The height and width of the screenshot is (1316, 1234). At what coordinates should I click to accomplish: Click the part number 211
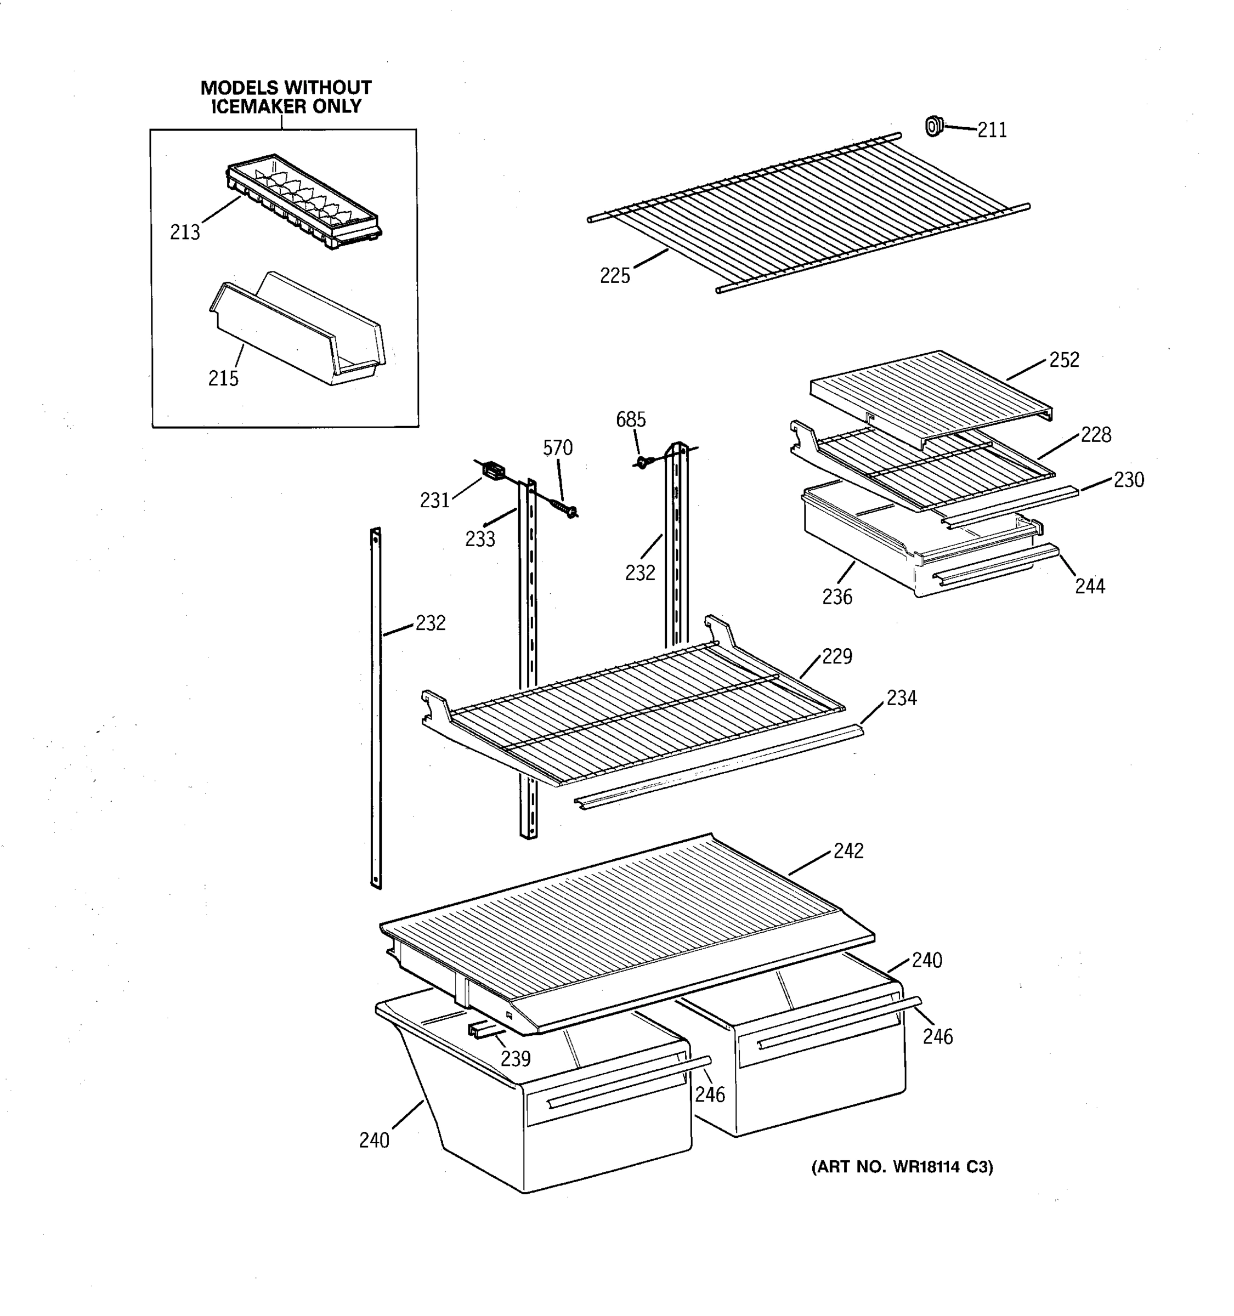click(992, 131)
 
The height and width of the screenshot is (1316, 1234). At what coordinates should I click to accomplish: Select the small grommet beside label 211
click(933, 125)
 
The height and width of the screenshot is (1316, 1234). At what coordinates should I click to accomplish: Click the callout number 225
click(614, 276)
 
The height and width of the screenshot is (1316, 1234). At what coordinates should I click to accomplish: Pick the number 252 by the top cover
click(1064, 360)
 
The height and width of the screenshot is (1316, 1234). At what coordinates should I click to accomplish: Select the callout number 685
click(630, 419)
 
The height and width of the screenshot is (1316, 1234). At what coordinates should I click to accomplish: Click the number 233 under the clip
click(480, 540)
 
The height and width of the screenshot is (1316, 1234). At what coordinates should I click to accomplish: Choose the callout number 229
click(837, 657)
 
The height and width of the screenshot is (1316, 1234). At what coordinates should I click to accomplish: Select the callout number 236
click(837, 597)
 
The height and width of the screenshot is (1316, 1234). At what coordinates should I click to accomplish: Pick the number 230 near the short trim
click(1128, 480)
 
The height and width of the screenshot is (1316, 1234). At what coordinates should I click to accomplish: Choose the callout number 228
click(1096, 435)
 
